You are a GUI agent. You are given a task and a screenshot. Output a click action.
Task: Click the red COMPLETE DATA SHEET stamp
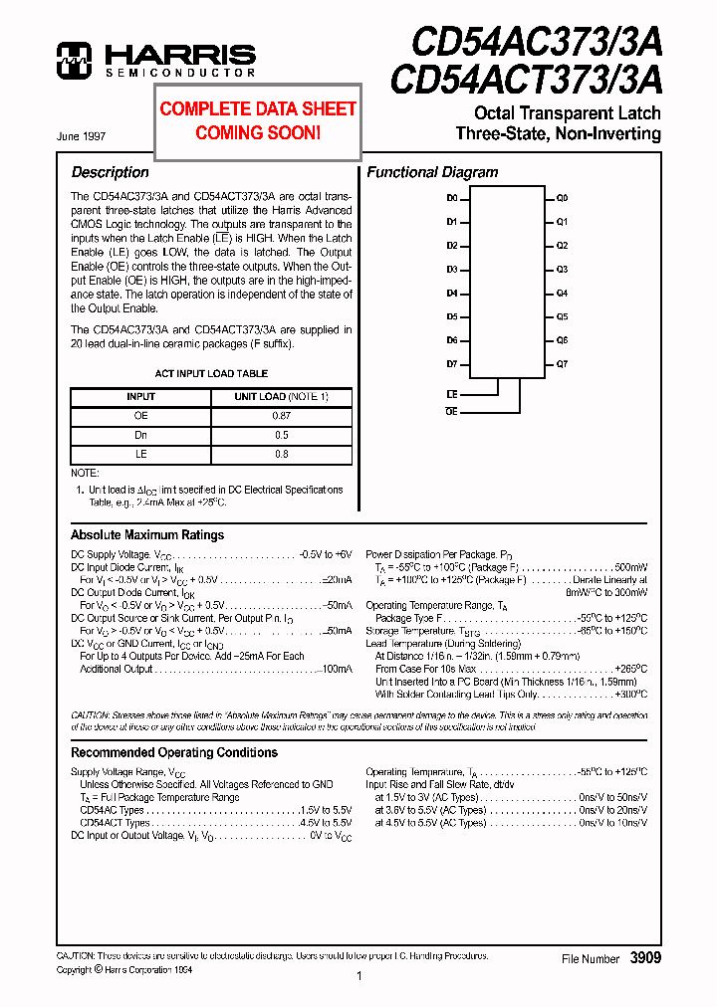pos(258,120)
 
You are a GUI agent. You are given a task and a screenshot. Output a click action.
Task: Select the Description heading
pos(110,172)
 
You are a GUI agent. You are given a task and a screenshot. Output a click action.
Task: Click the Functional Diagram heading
pos(432,172)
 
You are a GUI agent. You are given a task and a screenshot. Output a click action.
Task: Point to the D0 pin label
pos(451,198)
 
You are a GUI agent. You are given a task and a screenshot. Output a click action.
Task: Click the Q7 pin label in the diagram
pos(562,364)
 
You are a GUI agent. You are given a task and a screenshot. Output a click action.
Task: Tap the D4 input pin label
pos(451,294)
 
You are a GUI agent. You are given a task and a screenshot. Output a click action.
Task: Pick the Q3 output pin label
pos(562,270)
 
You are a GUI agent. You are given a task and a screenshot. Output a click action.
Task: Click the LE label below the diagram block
pos(451,395)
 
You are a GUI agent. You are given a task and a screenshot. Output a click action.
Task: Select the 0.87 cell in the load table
pos(281,416)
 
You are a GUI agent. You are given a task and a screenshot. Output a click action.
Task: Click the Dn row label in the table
pos(140,435)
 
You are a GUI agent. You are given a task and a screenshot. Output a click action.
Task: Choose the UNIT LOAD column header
pos(281,397)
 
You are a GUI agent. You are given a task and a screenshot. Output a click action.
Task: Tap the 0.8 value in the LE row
pos(281,454)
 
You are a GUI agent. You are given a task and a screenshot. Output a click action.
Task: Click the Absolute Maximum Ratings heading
pos(147,535)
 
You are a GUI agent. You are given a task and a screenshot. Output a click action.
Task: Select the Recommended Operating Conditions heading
pos(174,752)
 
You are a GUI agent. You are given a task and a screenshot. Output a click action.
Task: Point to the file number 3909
pos(644,957)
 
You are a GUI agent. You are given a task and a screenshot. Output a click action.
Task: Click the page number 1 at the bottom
pos(358,977)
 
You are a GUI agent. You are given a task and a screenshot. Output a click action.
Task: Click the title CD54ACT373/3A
pos(525,78)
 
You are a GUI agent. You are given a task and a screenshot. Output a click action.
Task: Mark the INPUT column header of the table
pos(140,397)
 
